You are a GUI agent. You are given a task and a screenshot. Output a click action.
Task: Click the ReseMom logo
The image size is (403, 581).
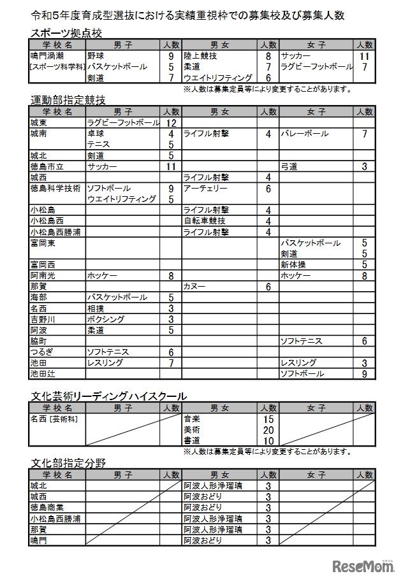coord(363,564)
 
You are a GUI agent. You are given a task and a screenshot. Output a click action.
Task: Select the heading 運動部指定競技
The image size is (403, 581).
coord(68,100)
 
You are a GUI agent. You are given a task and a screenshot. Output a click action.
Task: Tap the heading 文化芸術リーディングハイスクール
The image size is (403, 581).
coord(108,396)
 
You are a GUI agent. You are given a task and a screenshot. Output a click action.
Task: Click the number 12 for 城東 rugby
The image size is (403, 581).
coord(171,123)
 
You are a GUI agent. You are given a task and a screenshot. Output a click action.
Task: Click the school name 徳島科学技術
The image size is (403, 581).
coord(55,189)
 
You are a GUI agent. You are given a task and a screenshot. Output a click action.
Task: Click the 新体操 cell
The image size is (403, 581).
coord(294,265)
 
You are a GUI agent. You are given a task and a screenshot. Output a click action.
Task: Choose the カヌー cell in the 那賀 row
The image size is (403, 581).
coord(194,287)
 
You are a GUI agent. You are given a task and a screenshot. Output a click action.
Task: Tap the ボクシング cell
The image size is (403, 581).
coord(105,319)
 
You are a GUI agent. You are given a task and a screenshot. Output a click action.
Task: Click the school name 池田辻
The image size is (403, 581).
coord(43,374)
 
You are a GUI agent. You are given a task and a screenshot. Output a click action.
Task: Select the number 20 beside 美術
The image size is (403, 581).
coord(268,430)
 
